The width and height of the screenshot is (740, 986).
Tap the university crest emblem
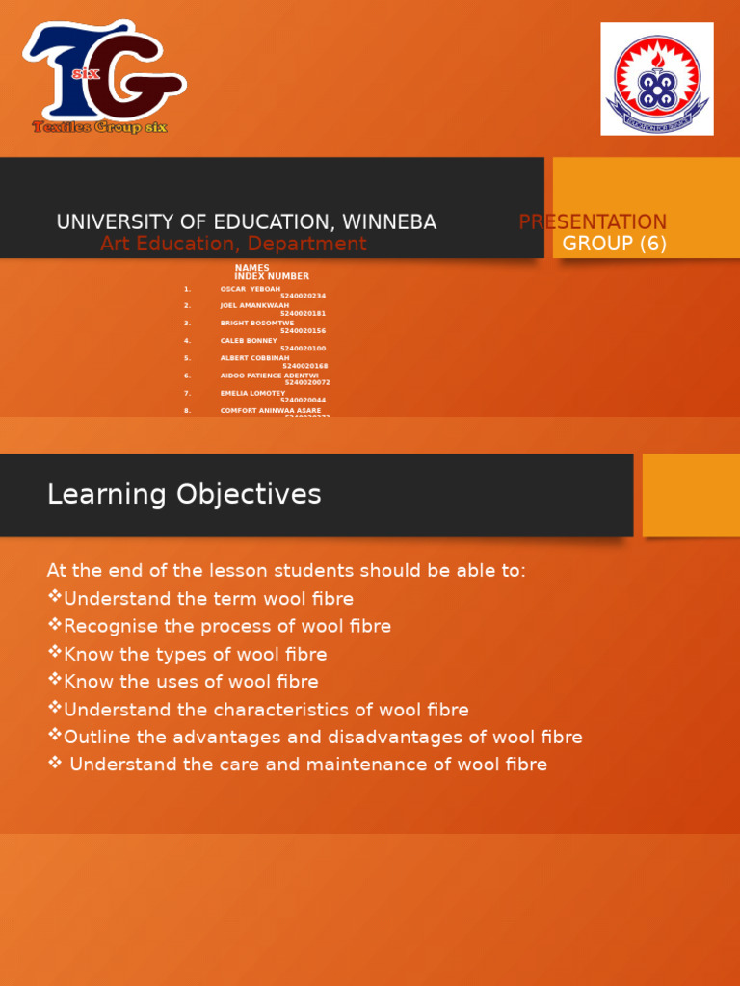[657, 79]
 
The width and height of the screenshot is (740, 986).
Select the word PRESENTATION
[593, 222]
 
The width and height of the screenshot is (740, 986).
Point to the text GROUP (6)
[615, 244]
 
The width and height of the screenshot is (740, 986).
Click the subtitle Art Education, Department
[233, 245]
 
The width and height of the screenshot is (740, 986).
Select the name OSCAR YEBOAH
[251, 289]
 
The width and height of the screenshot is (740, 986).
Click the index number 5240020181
[303, 314]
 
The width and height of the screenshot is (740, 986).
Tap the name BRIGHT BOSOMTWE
[257, 324]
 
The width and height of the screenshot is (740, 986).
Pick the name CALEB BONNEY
[249, 341]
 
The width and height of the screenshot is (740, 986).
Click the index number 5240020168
[304, 366]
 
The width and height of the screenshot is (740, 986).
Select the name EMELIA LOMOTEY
[252, 393]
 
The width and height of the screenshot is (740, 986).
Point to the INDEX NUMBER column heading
[272, 276]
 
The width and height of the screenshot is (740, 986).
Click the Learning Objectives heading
[184, 495]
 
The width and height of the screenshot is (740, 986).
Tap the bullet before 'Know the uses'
[54, 681]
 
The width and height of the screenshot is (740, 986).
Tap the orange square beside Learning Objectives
[691, 495]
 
